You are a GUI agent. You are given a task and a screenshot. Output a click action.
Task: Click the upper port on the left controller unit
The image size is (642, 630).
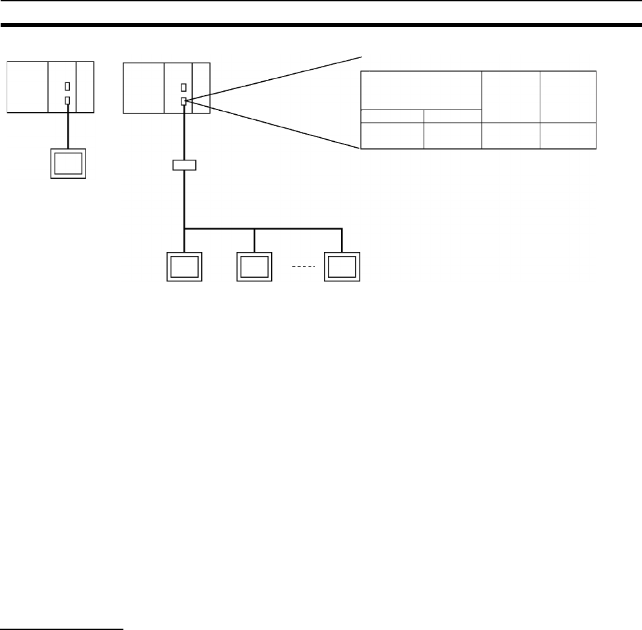(x=67, y=87)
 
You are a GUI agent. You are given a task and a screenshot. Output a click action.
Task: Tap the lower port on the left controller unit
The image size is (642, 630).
(x=67, y=100)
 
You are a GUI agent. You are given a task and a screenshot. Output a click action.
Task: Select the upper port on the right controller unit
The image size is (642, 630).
(x=183, y=87)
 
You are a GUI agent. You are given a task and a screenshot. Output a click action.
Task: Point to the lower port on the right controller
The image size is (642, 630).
(x=183, y=100)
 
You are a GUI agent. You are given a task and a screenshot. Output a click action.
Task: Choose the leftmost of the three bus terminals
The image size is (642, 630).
(x=184, y=267)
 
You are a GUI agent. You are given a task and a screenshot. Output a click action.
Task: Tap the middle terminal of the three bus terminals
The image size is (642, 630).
(x=255, y=267)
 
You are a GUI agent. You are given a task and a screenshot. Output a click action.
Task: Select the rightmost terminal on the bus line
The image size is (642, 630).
(x=342, y=267)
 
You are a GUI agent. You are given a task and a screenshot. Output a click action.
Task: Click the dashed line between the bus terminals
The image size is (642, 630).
(x=299, y=267)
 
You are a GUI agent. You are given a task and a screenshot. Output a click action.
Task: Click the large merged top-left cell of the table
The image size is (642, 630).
(x=420, y=90)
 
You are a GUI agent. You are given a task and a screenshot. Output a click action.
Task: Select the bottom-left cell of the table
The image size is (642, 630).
(x=391, y=135)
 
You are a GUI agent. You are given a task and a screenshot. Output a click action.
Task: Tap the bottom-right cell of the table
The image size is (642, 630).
(x=567, y=135)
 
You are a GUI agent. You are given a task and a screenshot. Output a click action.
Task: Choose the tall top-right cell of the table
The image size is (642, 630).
(x=567, y=96)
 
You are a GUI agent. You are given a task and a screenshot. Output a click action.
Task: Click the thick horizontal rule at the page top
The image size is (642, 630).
(x=321, y=26)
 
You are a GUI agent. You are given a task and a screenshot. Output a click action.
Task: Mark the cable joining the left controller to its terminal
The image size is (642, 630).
(x=68, y=125)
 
